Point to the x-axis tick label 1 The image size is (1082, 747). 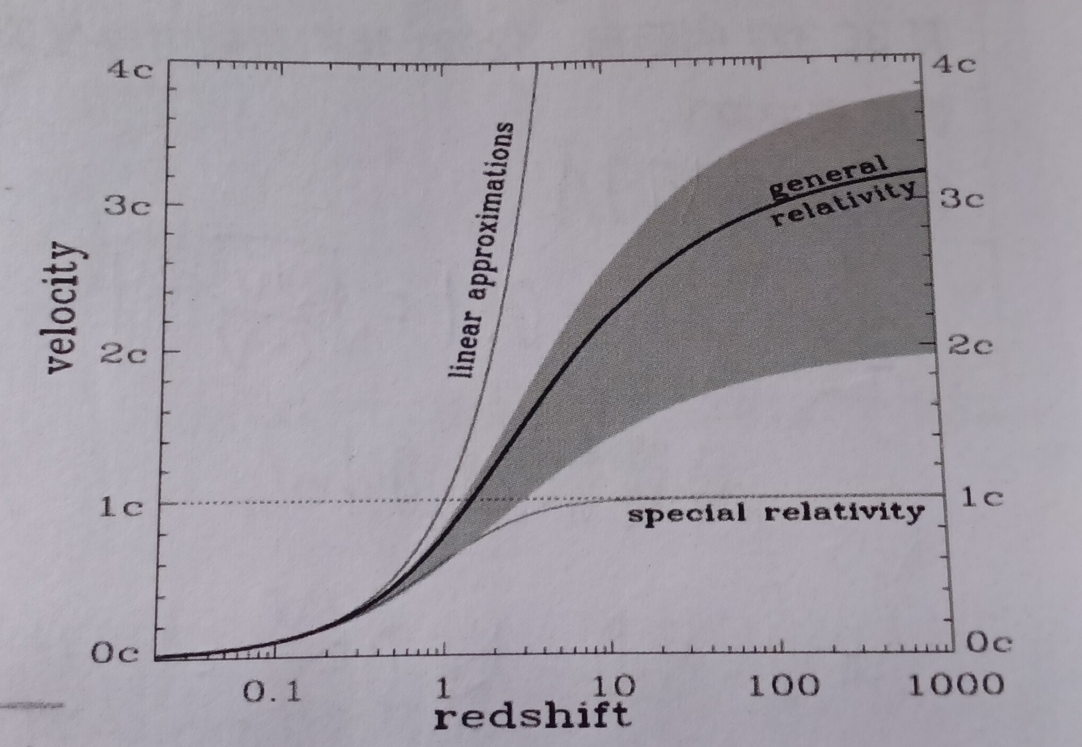point(444,688)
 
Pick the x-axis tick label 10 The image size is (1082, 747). point(614,686)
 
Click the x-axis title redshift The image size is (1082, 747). point(532,716)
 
